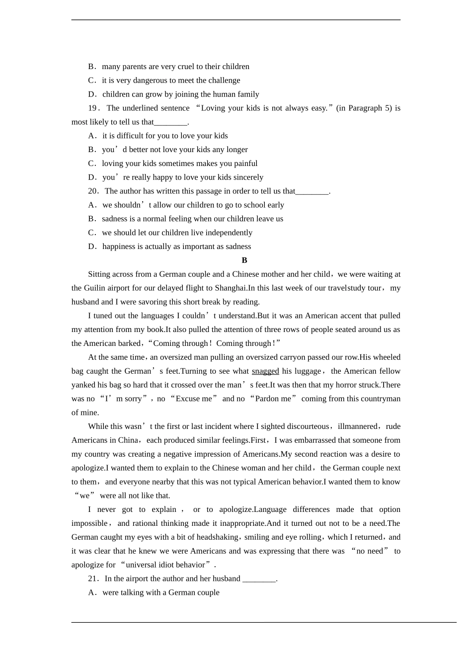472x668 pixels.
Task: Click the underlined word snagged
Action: tap(265, 371)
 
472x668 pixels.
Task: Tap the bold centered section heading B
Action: tap(244, 260)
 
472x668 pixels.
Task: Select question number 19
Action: tap(93, 108)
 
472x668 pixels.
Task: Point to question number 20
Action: tap(93, 191)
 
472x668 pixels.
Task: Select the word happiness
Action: tap(119, 247)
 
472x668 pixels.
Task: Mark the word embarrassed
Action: tap(312, 440)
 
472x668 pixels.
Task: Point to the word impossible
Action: tap(89, 523)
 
